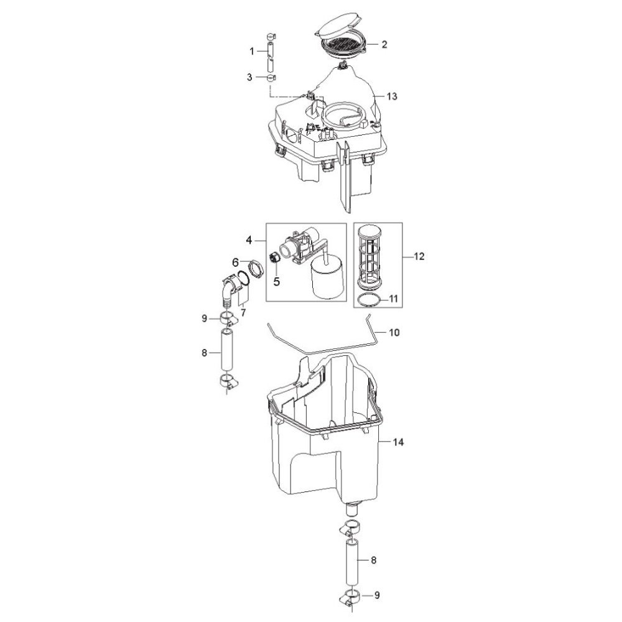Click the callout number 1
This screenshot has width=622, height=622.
point(251,51)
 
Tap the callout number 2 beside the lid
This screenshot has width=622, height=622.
point(384,44)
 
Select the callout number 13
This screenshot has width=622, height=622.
point(391,96)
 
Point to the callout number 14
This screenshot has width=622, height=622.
point(398,442)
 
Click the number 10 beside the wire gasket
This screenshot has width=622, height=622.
point(394,332)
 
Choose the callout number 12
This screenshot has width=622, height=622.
point(419,256)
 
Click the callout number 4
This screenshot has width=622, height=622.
point(249,240)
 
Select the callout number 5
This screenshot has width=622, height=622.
point(277,282)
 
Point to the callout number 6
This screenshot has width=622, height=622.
point(235,262)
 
